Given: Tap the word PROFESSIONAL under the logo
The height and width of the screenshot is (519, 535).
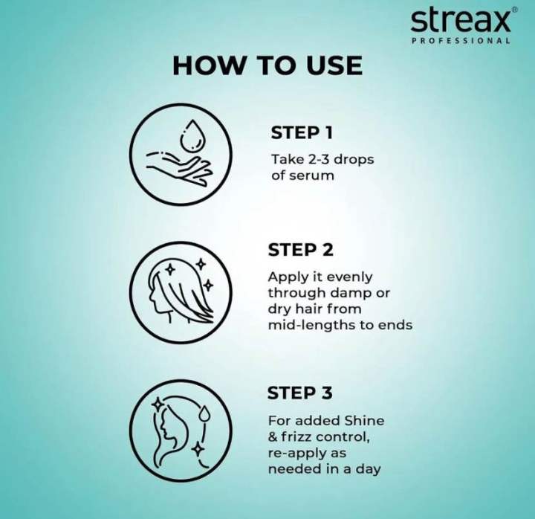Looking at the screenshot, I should (461, 41).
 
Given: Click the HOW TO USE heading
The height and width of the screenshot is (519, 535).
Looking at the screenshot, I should (267, 65).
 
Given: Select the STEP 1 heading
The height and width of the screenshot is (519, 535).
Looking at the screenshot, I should (301, 133).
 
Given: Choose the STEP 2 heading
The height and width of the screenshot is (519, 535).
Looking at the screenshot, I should (301, 249).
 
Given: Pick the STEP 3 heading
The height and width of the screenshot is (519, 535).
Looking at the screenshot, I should (300, 393).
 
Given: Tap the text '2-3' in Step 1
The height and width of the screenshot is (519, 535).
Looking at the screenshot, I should (317, 160).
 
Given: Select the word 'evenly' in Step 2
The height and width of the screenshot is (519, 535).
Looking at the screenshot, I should (351, 277).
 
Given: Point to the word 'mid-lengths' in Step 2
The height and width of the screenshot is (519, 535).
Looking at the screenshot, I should (305, 325).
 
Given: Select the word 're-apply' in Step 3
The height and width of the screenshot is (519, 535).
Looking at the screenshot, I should (297, 453).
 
